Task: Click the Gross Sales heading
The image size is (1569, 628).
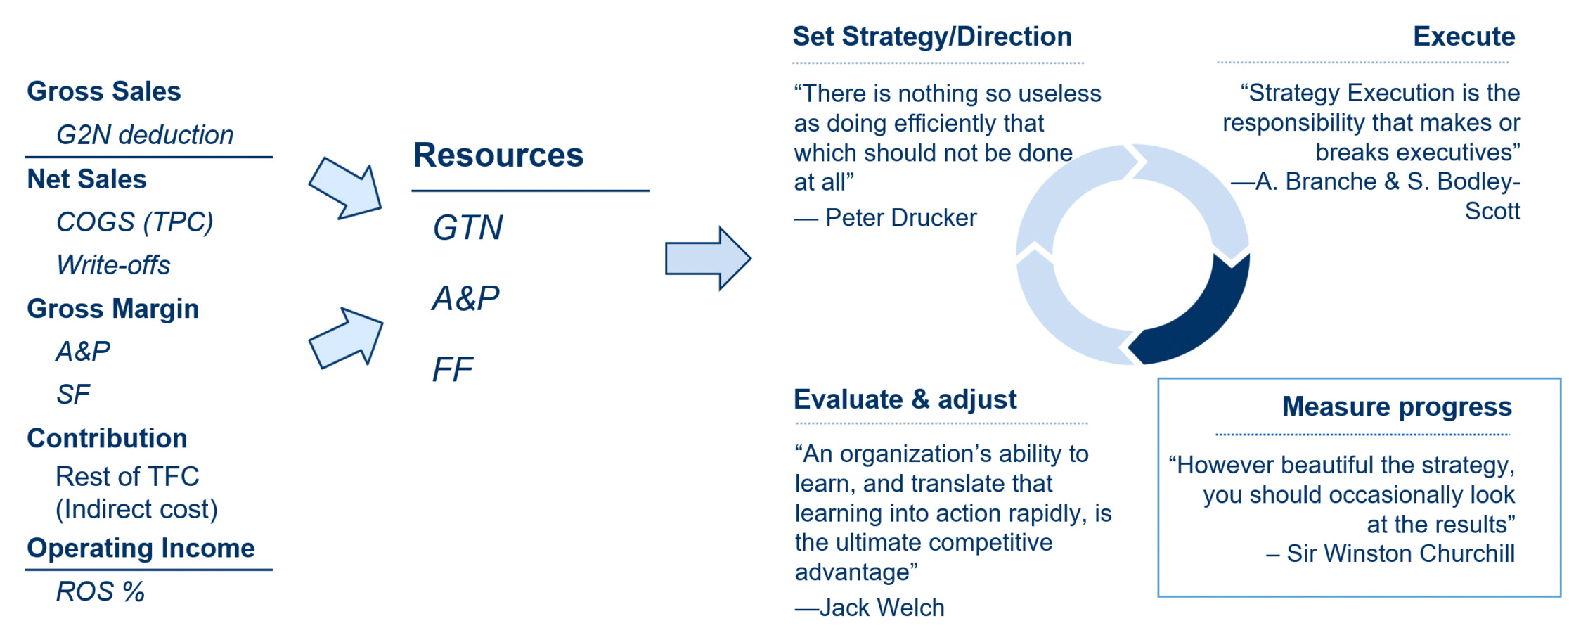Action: tap(104, 91)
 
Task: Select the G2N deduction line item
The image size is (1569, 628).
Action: tap(145, 135)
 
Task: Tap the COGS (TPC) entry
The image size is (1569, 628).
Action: tap(134, 222)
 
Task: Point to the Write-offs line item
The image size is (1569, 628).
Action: tap(113, 265)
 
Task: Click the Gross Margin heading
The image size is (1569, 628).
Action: tap(113, 309)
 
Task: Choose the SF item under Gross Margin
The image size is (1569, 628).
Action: tap(73, 395)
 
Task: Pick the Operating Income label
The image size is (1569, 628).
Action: tap(141, 548)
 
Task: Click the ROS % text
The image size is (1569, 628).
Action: tap(101, 591)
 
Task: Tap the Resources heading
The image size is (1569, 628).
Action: tap(498, 155)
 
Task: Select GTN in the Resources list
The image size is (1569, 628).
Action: tap(468, 228)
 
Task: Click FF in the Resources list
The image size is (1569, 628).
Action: tap(453, 369)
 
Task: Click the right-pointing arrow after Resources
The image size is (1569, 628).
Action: tap(708, 258)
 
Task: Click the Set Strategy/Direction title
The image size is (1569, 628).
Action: tap(932, 37)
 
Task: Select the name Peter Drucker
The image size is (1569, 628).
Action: tap(901, 218)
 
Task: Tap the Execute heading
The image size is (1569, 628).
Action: tap(1464, 37)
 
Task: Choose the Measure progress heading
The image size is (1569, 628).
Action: tap(1397, 406)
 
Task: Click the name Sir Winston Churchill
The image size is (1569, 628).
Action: tap(1401, 553)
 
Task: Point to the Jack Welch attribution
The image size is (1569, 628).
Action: tap(882, 608)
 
